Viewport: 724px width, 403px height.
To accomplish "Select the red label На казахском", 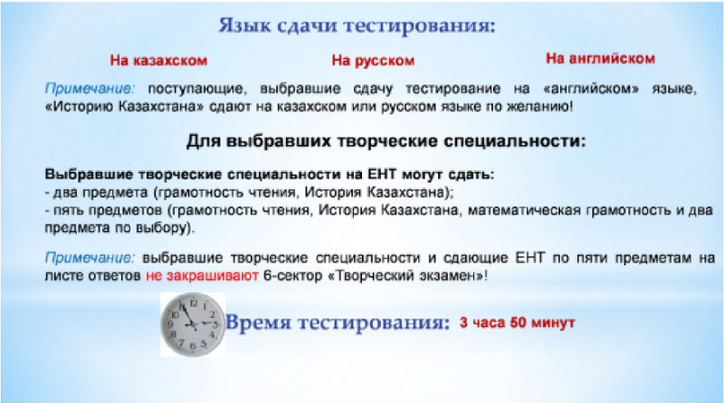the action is (x=158, y=61).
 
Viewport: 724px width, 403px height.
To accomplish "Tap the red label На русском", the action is (x=373, y=61).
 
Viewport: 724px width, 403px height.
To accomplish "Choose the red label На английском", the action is (x=600, y=59).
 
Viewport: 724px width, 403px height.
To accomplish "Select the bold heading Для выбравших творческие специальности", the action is (x=386, y=141).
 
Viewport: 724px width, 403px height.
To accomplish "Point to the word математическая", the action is (x=524, y=210).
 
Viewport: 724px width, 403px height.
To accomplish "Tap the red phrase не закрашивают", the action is (x=202, y=276).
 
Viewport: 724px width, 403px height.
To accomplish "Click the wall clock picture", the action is (x=193, y=324).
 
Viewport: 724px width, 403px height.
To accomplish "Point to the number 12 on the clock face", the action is (x=194, y=303).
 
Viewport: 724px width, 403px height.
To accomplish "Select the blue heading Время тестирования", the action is (x=337, y=322).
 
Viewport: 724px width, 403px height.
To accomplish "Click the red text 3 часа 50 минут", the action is (x=517, y=322).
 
